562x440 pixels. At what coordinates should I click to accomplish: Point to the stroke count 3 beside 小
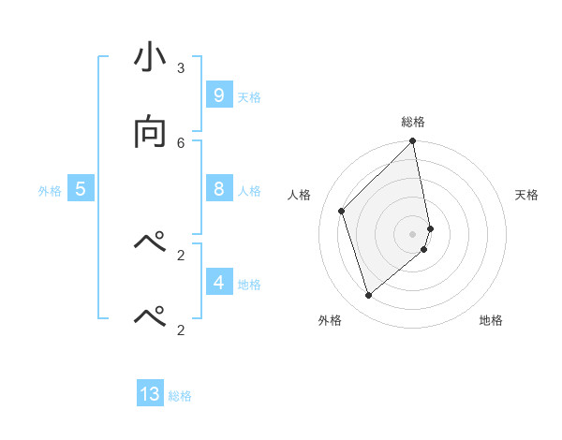point(181,67)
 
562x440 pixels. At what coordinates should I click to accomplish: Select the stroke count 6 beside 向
point(181,142)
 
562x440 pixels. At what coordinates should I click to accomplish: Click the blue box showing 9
point(218,95)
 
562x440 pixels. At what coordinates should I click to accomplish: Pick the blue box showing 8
point(218,189)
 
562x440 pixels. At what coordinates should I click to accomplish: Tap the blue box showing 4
point(218,282)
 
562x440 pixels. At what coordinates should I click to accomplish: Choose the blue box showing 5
point(81,189)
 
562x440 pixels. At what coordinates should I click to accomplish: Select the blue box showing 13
point(150,394)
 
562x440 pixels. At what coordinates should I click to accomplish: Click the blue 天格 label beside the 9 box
point(249,97)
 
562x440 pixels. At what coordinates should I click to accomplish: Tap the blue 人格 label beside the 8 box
point(249,191)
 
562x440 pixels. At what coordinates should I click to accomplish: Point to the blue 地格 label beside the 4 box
point(249,285)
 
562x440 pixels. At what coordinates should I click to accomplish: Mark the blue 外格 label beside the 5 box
point(50,191)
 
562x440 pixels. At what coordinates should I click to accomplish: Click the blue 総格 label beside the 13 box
point(180,396)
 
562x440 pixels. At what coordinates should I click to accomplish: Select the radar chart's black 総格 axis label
point(413,122)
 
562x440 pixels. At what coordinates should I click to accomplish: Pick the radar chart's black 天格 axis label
point(526,195)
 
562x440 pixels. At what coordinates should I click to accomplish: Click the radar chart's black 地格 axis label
point(491,320)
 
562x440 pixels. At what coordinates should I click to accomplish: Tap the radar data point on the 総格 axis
point(413,142)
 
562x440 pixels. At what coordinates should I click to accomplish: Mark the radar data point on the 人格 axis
point(342,211)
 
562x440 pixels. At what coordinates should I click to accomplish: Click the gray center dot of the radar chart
point(413,233)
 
